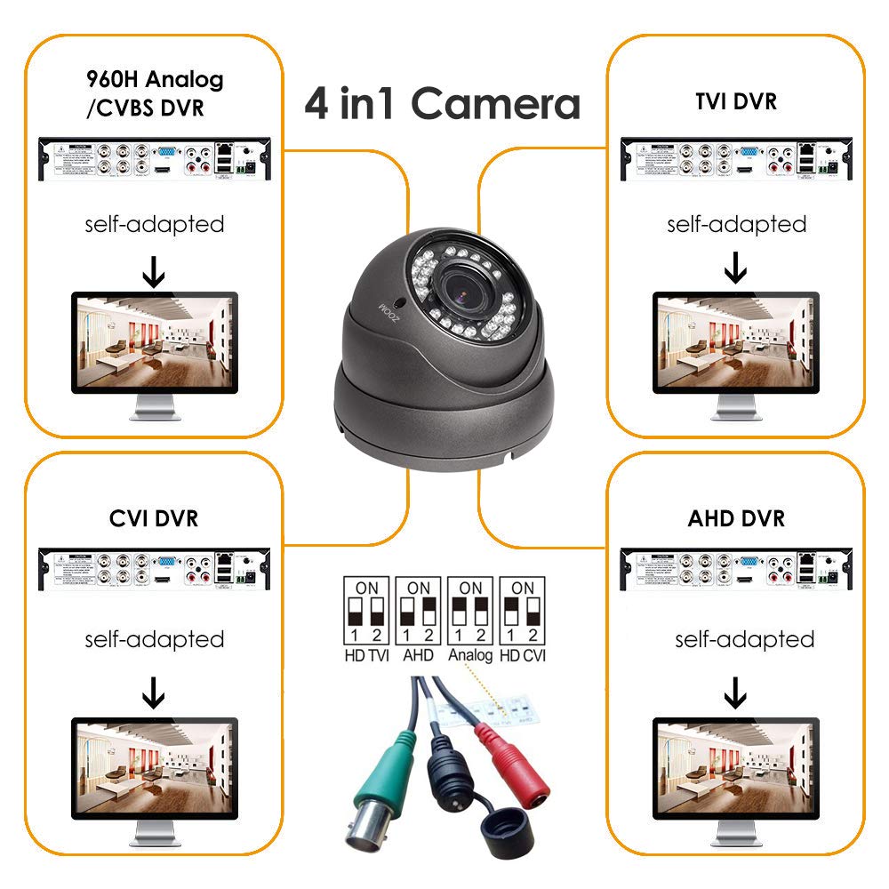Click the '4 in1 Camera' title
442,104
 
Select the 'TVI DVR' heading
735,101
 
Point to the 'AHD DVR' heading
736,517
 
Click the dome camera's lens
465,286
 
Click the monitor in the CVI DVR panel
154,769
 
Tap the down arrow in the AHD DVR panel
735,692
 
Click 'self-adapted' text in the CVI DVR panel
154,639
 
